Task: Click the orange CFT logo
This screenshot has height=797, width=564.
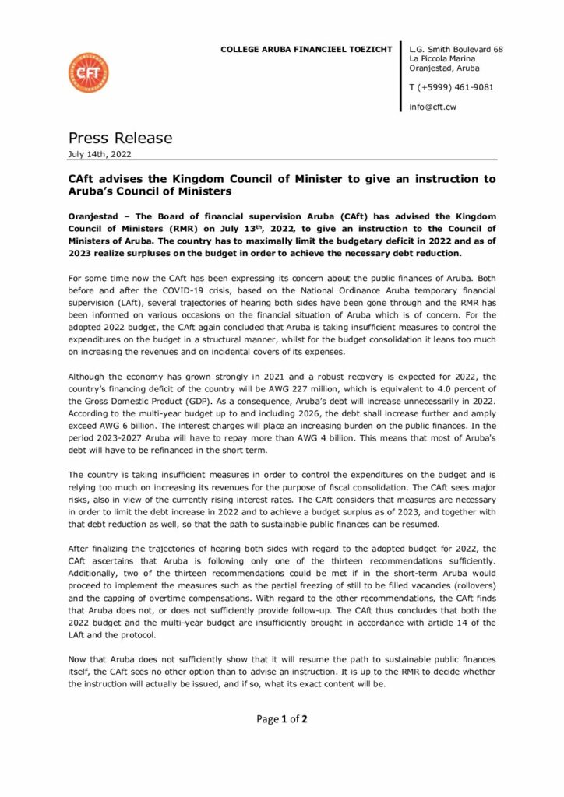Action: (x=89, y=73)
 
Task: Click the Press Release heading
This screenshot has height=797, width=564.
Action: (x=120, y=138)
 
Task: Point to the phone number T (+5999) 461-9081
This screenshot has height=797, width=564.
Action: (x=451, y=87)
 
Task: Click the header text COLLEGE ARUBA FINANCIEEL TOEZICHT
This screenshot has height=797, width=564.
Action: (x=306, y=50)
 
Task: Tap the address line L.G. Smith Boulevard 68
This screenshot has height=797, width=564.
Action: (x=456, y=49)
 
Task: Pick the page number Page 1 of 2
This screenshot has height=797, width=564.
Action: (x=282, y=718)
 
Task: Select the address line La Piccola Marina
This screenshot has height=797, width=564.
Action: (x=442, y=58)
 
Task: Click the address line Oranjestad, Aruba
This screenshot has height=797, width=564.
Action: (x=446, y=68)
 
